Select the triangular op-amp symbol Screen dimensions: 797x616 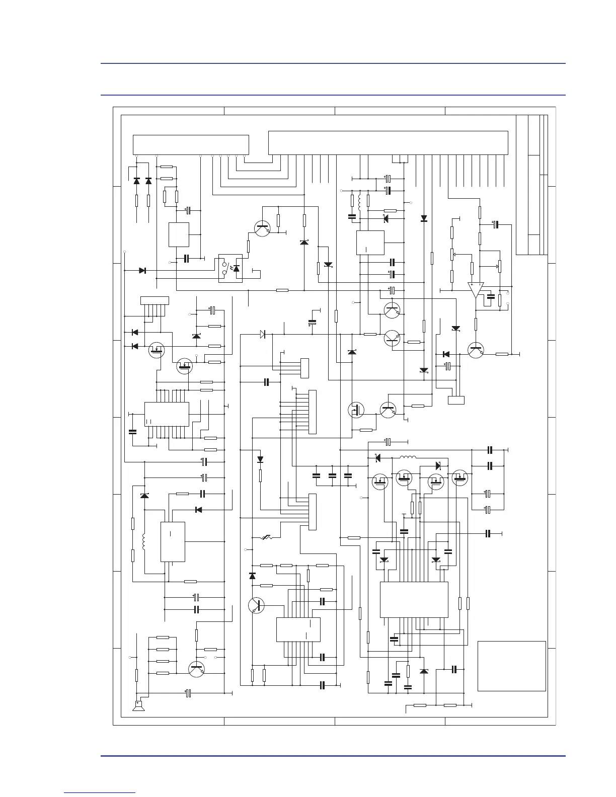475,290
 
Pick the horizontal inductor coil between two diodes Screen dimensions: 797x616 408,457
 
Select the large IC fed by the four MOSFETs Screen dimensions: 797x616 414,600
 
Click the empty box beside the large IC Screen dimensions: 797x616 511,666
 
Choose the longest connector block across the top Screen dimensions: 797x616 388,143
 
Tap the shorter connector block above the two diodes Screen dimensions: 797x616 191,145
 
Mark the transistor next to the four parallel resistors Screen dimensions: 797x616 196,669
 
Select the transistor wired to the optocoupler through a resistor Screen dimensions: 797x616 262,228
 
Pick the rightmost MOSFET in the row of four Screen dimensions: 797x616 460,477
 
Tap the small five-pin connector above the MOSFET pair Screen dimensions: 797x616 154,300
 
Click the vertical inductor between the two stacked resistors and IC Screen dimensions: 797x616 144,541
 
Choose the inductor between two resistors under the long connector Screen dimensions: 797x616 360,201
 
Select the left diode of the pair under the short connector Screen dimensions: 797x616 136,181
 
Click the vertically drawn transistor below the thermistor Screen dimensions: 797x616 257,605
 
